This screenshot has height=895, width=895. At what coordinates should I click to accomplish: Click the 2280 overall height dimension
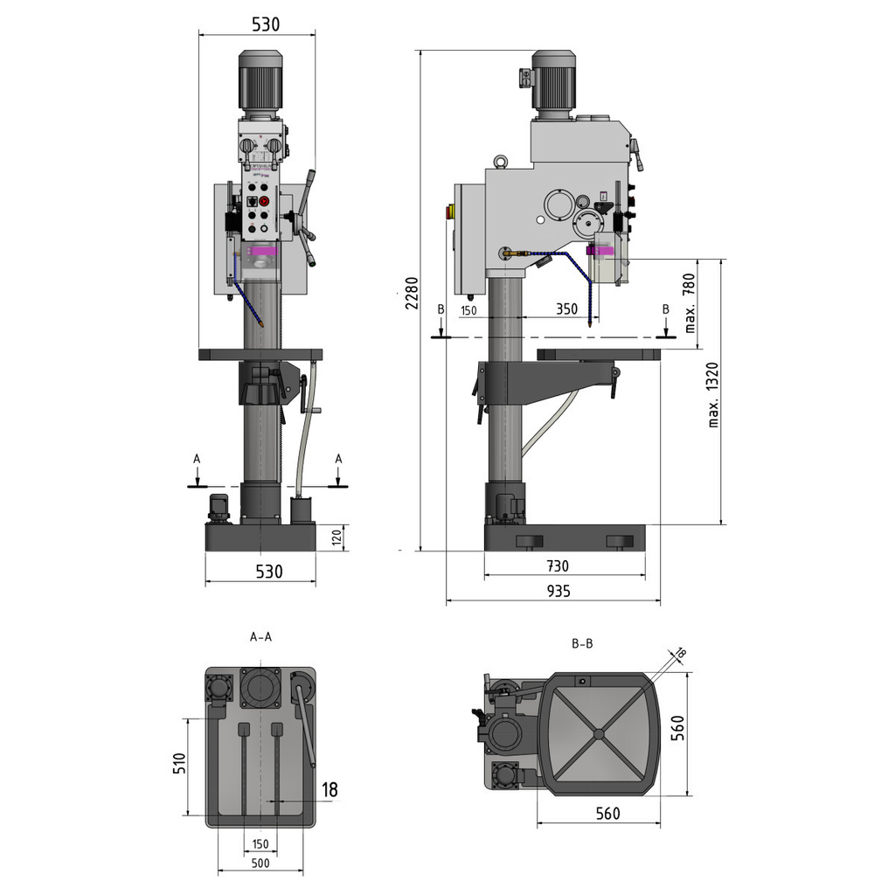411,295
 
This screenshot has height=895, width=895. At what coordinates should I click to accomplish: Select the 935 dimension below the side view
558,591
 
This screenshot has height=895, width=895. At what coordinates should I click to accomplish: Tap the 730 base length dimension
557,566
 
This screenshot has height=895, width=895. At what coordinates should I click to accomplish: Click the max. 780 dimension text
690,303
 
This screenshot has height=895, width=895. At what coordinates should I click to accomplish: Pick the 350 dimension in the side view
566,309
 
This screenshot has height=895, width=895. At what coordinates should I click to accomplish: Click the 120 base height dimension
336,538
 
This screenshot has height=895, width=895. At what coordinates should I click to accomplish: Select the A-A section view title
260,637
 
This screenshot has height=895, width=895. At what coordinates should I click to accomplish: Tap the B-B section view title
582,644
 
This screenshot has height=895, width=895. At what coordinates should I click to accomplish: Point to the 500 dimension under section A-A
260,863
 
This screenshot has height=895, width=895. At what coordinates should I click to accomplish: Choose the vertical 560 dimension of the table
677,727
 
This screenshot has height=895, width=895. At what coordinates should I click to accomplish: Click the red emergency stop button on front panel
265,201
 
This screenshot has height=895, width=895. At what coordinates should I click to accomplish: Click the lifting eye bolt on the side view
502,161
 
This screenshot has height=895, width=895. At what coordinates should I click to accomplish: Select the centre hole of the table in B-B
598,733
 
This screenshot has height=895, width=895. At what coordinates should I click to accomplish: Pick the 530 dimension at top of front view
266,24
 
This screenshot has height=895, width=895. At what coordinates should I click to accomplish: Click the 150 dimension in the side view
468,310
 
